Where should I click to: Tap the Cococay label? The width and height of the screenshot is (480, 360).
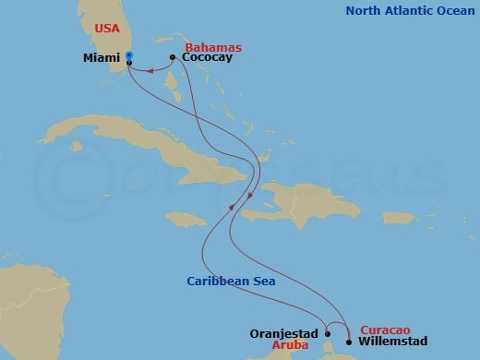(207, 57)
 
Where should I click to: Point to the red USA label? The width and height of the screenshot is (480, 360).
(108, 29)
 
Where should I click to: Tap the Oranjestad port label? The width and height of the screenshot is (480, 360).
(284, 334)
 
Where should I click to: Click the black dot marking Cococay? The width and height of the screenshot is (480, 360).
(173, 57)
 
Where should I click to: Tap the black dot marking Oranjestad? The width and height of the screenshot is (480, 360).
(327, 334)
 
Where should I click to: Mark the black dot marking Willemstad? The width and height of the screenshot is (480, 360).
(348, 342)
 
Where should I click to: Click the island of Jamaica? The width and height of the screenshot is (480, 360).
(189, 218)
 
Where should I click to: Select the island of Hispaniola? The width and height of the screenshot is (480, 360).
(305, 203)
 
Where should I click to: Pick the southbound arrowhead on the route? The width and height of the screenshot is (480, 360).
(252, 197)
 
